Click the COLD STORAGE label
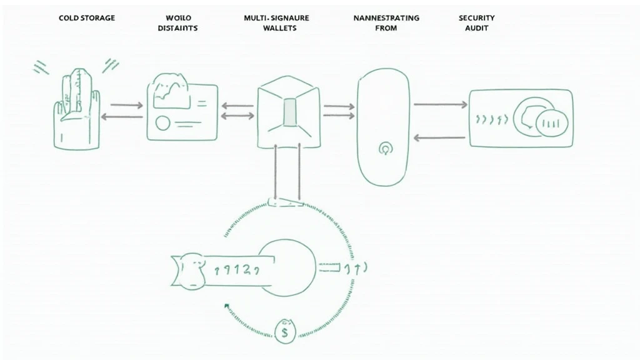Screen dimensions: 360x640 (87, 18)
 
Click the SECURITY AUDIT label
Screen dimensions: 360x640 (477, 23)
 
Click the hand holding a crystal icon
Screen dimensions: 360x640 (77, 109)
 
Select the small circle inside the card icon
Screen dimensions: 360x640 (162, 122)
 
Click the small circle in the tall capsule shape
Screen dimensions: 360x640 (384, 149)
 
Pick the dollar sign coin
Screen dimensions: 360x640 (285, 331)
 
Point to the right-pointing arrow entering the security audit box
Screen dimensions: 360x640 (441, 104)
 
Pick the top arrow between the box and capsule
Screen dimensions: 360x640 (338, 106)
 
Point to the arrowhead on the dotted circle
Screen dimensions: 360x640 (226, 306)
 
